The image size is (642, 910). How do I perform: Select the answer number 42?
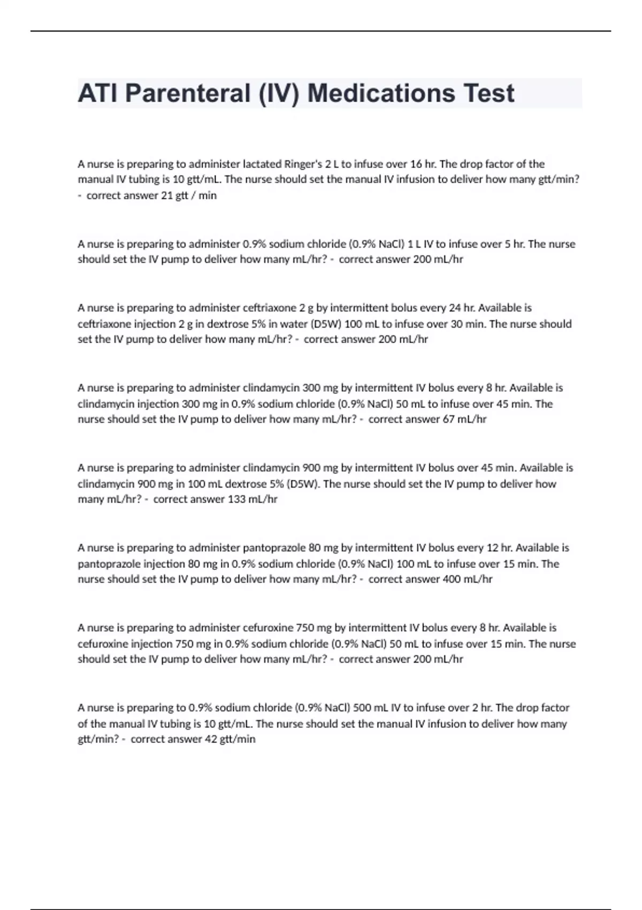pos(211,739)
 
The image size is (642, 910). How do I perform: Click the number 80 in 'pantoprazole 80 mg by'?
pos(315,548)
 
